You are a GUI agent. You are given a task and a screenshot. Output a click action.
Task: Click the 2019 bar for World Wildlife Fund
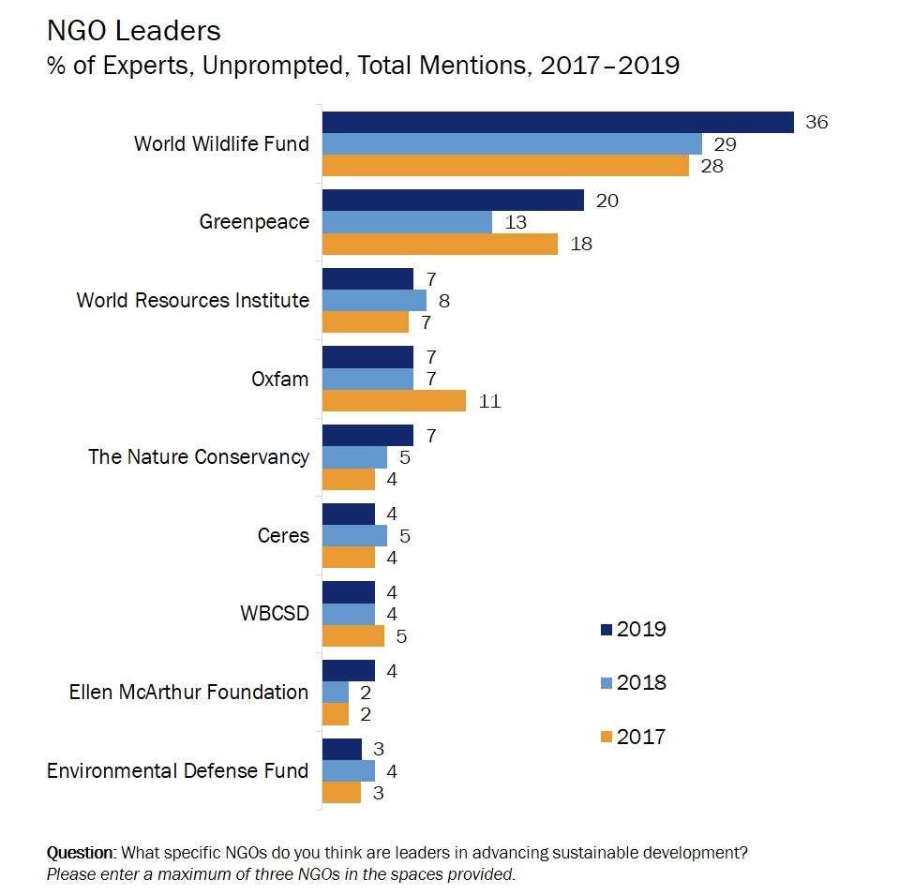click(x=558, y=122)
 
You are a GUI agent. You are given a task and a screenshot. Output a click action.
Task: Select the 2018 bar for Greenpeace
click(x=407, y=222)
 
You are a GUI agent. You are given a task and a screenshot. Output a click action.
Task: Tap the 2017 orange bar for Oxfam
click(x=394, y=401)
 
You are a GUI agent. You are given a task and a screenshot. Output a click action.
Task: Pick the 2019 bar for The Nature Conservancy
click(x=367, y=435)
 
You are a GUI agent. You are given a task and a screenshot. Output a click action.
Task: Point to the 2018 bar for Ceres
click(x=354, y=535)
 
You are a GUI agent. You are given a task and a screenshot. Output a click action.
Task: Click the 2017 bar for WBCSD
click(x=353, y=635)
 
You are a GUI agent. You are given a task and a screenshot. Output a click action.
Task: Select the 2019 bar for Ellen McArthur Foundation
click(x=349, y=670)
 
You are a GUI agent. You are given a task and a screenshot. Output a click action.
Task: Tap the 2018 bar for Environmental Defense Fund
click(x=349, y=770)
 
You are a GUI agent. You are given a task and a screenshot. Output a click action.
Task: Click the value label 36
click(x=817, y=122)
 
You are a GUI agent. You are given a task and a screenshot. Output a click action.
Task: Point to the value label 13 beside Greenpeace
click(x=515, y=222)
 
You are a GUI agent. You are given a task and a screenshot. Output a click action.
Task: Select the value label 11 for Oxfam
click(x=488, y=401)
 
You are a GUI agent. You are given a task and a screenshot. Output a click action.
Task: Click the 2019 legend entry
click(x=632, y=629)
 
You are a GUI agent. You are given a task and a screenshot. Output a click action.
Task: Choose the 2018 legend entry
click(x=632, y=682)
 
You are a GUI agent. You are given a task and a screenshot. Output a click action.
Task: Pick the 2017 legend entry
click(x=632, y=737)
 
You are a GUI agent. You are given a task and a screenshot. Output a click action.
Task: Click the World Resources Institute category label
click(x=192, y=300)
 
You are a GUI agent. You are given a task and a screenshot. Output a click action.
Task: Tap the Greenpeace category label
click(x=253, y=222)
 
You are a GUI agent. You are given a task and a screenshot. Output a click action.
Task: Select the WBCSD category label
click(x=275, y=614)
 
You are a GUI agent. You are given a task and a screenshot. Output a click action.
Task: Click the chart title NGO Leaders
click(x=133, y=31)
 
